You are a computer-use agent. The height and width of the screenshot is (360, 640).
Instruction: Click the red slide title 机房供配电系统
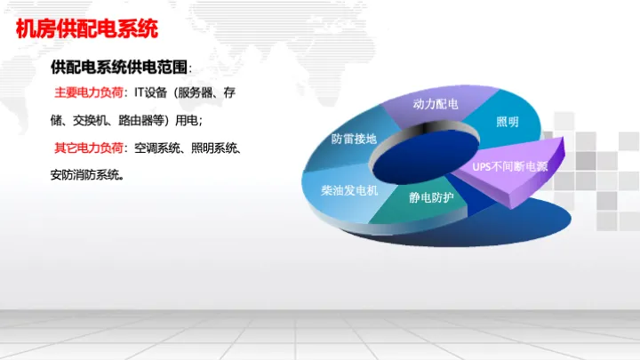(86, 29)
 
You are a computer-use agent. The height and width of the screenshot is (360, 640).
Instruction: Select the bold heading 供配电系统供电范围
(119, 67)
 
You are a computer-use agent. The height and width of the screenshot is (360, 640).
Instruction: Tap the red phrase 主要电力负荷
(89, 92)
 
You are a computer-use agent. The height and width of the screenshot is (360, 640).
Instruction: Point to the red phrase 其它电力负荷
(89, 148)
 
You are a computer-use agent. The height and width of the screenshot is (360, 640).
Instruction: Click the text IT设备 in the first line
(150, 92)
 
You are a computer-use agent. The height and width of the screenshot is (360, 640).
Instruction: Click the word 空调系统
(156, 148)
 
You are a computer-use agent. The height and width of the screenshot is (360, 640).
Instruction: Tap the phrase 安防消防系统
(85, 175)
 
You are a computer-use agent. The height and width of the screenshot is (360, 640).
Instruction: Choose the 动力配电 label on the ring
(436, 104)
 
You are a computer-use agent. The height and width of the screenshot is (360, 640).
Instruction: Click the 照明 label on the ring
(508, 122)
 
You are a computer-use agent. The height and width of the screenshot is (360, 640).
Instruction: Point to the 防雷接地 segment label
(354, 139)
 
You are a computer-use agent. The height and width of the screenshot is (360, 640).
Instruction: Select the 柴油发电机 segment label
(349, 190)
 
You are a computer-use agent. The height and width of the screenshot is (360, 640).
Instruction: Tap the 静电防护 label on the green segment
(431, 197)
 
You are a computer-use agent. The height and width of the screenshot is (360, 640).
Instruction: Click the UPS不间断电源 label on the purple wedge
(510, 166)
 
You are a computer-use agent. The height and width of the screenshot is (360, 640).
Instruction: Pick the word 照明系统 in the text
(214, 148)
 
